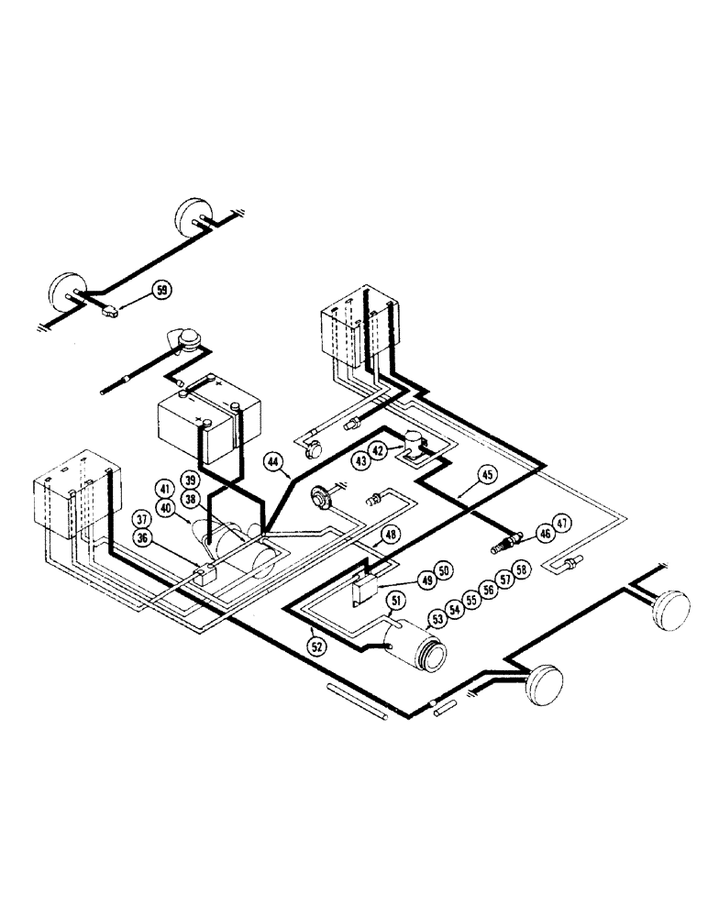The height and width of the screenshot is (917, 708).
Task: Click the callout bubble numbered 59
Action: point(162,291)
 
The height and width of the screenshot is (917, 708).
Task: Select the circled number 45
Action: point(486,474)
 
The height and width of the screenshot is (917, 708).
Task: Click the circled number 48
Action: point(391,535)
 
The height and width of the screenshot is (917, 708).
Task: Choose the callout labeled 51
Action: point(398,602)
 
